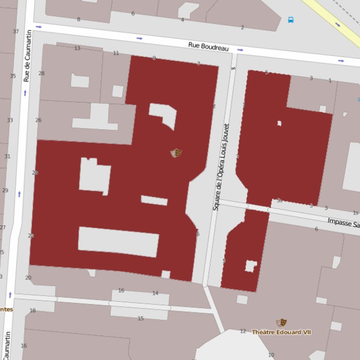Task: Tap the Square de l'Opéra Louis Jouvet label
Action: point(221,167)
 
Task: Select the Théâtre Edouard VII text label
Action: point(281,332)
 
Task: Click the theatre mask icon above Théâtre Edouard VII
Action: point(281,322)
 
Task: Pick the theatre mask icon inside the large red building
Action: point(176,153)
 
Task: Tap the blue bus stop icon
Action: point(291,20)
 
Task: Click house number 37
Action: point(15,32)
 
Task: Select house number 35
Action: point(13,76)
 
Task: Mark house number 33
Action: point(10,120)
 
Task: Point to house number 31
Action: point(7,156)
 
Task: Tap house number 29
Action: point(5,190)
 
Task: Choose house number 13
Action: point(77,48)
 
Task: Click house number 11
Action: point(116,53)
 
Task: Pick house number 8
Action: point(79,20)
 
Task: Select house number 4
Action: point(182,20)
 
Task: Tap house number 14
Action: point(155,293)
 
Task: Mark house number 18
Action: point(33,311)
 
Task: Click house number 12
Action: point(243,331)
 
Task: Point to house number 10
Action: point(271,355)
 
